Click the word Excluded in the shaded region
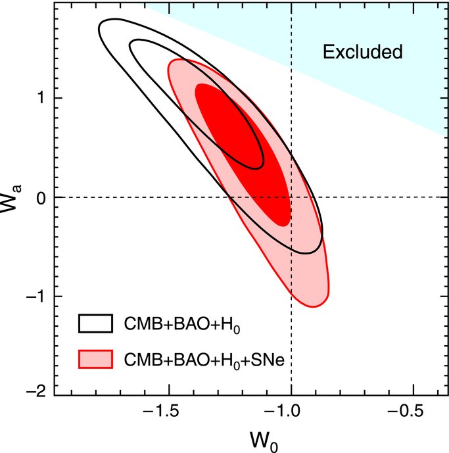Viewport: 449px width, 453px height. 362,52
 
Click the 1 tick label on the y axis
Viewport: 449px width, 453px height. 41,98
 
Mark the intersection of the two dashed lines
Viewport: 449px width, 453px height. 291,197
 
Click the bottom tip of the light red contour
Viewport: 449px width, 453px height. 314,306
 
